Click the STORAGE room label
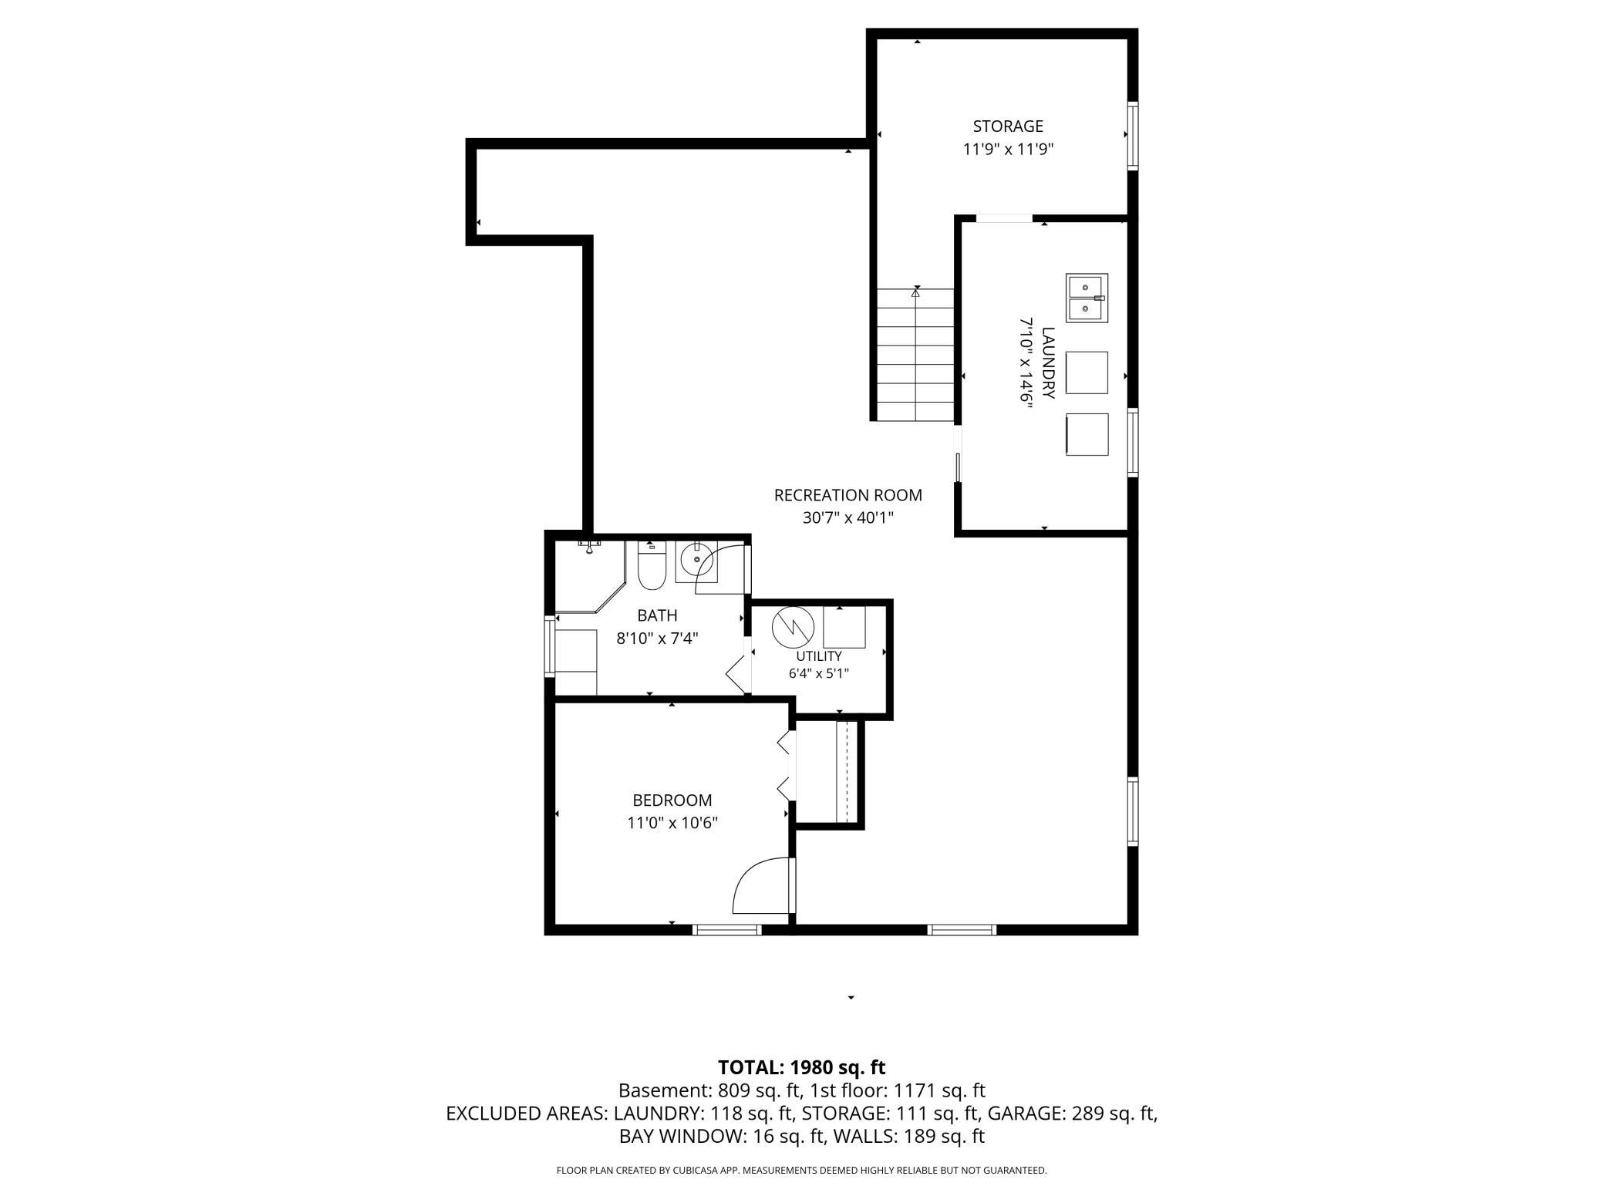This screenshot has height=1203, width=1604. (1008, 126)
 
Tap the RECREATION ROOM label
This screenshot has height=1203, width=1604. (848, 495)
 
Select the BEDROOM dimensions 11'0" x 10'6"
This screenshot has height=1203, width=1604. (672, 823)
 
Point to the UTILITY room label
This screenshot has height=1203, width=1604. (819, 656)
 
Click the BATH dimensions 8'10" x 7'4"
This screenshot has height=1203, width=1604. (658, 639)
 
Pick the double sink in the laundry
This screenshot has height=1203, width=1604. (1087, 298)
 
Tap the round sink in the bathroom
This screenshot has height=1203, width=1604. (697, 561)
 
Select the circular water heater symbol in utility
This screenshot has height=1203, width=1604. (794, 628)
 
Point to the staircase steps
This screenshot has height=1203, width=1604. (915, 355)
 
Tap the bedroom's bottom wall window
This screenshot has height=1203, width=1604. (727, 930)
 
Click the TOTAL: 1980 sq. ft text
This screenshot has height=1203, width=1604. (802, 1068)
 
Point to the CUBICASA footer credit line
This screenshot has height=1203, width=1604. (802, 1171)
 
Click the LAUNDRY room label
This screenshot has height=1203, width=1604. (1048, 363)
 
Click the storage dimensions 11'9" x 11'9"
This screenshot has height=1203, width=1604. (1008, 150)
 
